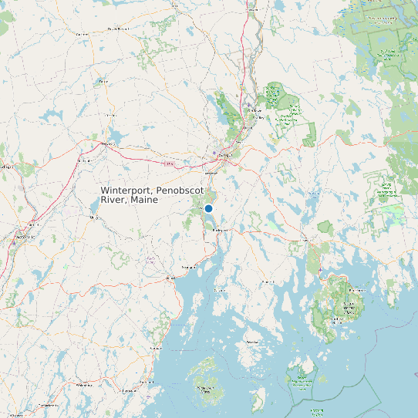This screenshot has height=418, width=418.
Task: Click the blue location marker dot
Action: (208, 208)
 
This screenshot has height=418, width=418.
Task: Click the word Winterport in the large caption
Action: (126, 190)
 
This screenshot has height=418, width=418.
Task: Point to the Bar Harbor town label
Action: (356, 290)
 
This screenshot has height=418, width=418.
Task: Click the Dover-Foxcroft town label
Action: (117, 28)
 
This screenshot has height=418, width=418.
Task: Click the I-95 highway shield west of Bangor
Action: (167, 163)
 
